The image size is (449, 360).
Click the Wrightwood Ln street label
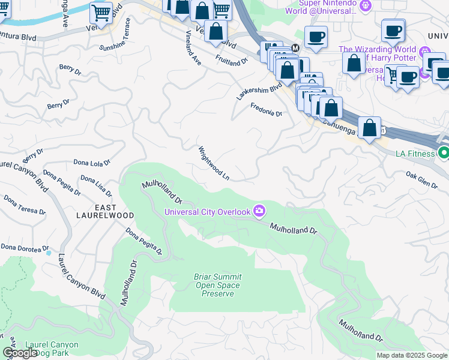pos(214,163)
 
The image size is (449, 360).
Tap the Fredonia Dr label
pos(266,109)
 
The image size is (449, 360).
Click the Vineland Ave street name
pos(193,47)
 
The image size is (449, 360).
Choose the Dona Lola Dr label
pos(92,162)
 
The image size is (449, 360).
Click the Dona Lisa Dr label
pos(96,186)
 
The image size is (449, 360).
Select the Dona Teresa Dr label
pos(24,204)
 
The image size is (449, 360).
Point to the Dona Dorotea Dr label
pos(24,247)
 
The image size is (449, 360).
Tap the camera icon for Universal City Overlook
pos(259,210)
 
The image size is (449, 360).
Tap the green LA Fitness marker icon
pos(443,153)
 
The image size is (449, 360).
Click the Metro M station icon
pos(295,48)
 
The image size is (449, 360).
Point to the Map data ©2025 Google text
pos(412,355)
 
